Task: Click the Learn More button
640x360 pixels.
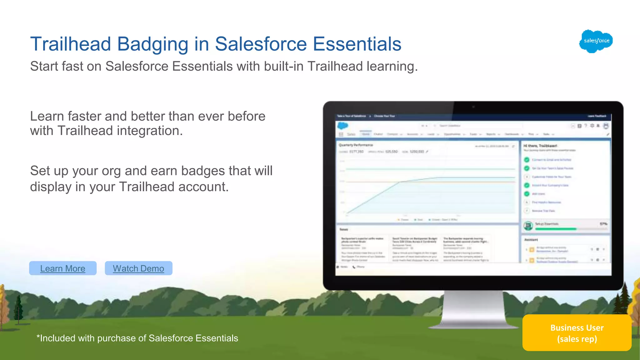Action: [x=63, y=268]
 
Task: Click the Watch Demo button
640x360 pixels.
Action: [x=138, y=268]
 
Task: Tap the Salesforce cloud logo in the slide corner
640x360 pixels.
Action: [x=596, y=41]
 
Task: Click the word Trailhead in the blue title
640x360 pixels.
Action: [x=71, y=44]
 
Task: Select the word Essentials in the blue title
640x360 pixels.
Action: [x=357, y=44]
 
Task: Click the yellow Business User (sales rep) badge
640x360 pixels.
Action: [x=577, y=333]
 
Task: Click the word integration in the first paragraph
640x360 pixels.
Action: [x=150, y=131]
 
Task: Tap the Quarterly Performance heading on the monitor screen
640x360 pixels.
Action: [x=356, y=145]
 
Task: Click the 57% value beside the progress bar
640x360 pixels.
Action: [x=603, y=224]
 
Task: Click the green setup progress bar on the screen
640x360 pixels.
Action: [x=555, y=229]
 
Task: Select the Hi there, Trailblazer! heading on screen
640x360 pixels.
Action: [x=540, y=146]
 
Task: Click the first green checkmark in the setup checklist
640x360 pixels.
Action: [x=527, y=160]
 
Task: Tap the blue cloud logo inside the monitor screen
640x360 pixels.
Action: [x=342, y=126]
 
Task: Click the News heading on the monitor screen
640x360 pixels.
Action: [x=344, y=229]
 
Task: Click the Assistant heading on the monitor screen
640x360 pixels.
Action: [x=531, y=240]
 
